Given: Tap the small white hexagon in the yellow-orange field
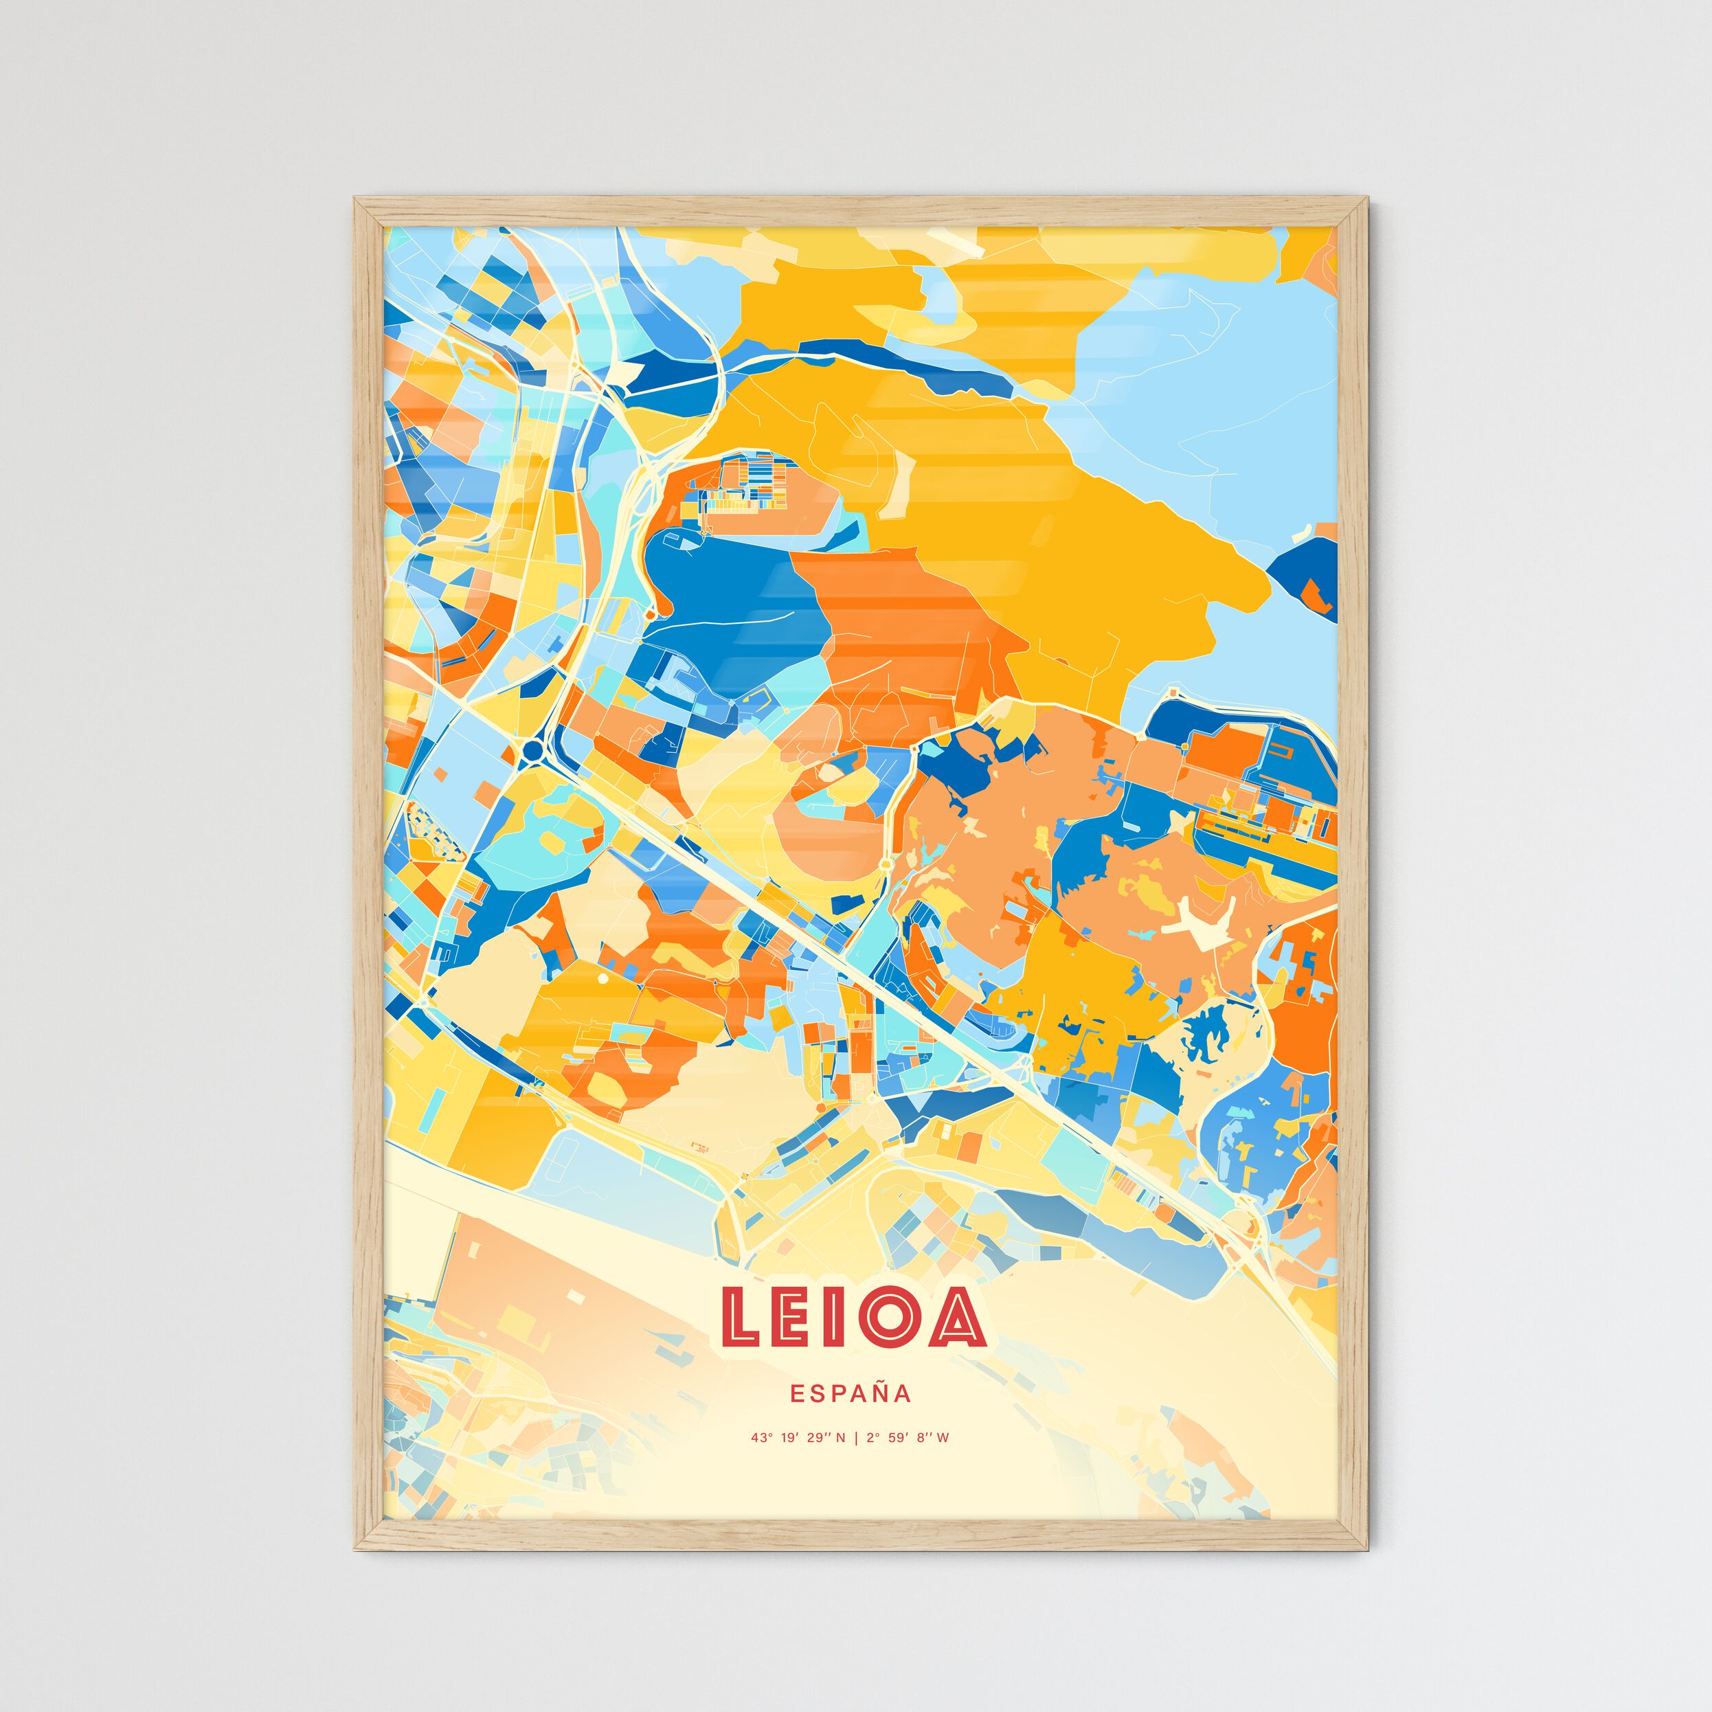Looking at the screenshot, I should coord(603,978).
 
